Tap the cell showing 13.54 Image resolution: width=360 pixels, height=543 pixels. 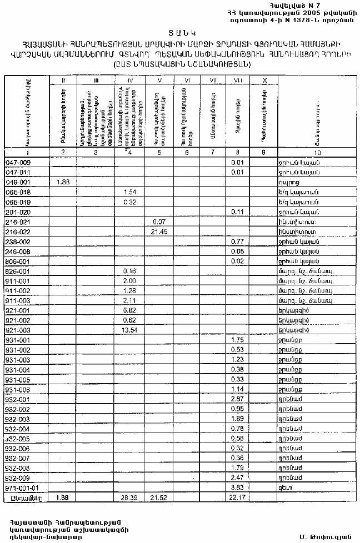129,330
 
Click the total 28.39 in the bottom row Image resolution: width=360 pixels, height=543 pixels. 129,499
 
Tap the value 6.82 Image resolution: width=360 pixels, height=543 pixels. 129,310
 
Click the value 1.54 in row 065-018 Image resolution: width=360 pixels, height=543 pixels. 129,192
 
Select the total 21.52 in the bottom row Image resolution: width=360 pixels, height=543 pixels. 159,499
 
